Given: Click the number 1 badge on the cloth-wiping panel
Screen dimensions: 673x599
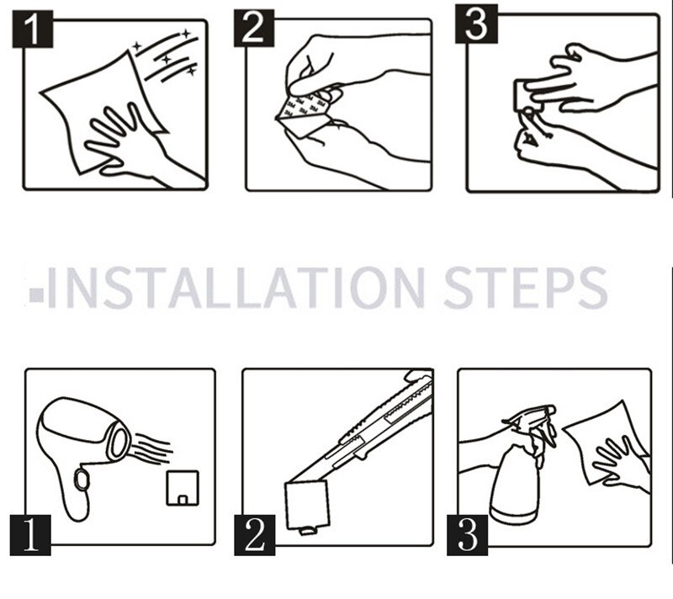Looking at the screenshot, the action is (x=32, y=29).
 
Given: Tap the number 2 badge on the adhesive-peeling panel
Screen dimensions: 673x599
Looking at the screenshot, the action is (x=254, y=28).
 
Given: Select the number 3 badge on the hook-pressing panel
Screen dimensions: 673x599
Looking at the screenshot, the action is (x=476, y=24).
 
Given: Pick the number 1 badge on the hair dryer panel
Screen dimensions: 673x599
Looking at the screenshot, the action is (x=30, y=536).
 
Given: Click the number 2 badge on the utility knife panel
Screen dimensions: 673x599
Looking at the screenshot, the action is (x=255, y=536).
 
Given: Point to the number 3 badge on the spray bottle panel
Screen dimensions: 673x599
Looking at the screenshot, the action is (x=467, y=536).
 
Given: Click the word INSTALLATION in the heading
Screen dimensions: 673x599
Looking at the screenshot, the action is (x=236, y=287).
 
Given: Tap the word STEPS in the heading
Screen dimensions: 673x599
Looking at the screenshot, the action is (x=525, y=287).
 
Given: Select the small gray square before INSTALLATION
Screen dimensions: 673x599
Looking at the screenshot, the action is (x=37, y=294).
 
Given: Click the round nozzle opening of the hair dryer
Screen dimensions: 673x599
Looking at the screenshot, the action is (x=119, y=440).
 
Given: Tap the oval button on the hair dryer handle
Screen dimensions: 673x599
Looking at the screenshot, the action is (x=81, y=479).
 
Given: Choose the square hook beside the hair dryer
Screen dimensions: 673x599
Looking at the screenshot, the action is (x=183, y=488).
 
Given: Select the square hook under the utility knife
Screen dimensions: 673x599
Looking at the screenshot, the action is (x=307, y=506).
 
